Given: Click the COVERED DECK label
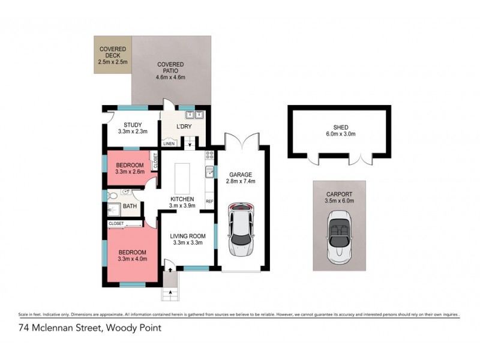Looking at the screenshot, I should [x=112, y=52].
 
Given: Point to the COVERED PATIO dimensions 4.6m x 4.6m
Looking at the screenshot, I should [x=170, y=77].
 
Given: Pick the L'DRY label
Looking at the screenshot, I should [x=183, y=127].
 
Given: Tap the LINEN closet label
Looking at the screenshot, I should [x=169, y=143].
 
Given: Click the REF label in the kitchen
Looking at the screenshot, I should [x=209, y=201].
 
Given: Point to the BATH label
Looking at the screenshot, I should [x=130, y=206].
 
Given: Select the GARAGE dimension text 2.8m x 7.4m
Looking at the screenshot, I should [x=241, y=181].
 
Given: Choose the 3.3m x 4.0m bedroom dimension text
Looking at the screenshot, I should [x=133, y=259].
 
